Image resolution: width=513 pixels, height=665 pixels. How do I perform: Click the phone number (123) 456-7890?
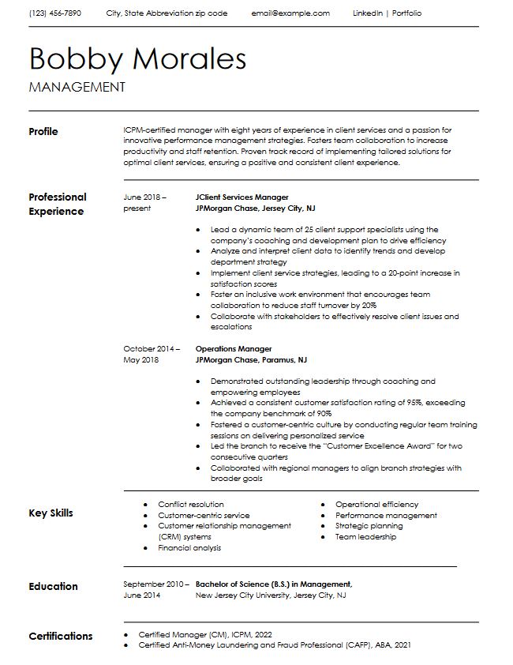(54, 13)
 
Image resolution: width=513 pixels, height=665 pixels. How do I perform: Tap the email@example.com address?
(290, 13)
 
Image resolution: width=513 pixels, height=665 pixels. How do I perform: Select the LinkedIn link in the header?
(368, 13)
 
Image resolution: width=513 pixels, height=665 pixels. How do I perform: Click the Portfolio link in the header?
(406, 13)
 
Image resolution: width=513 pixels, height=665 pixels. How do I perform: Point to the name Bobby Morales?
(137, 58)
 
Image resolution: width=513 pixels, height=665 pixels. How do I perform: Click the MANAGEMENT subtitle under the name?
(77, 87)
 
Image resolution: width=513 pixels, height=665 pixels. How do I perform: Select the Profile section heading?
(43, 131)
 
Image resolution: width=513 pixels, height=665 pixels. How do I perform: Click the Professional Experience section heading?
(58, 204)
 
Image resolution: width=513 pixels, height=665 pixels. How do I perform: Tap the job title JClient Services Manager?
(242, 197)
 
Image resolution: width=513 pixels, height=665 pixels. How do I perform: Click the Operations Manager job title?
(234, 348)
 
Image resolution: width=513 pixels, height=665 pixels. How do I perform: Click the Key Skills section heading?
(51, 513)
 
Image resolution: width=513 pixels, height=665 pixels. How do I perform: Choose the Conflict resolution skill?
(190, 504)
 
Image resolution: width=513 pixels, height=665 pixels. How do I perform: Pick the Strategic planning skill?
(369, 525)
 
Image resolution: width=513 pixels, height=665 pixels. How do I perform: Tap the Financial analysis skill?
(189, 547)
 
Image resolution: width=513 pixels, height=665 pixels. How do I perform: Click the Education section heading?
(53, 586)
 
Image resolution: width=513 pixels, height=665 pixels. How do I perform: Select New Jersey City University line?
(270, 595)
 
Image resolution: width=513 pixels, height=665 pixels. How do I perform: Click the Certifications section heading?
(60, 636)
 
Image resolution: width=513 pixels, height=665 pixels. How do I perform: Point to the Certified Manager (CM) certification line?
(205, 634)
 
